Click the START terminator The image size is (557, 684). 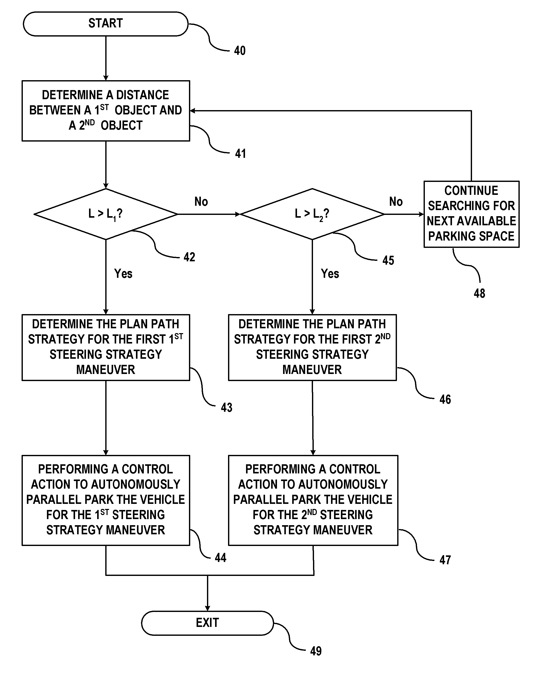tap(106, 24)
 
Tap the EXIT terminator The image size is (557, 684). tap(207, 623)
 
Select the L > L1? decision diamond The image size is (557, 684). tap(106, 214)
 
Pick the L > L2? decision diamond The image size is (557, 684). tap(312, 214)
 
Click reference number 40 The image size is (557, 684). tap(240, 51)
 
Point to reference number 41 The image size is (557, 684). tap(240, 153)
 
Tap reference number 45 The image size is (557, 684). tap(388, 260)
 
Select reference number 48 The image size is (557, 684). tap(479, 293)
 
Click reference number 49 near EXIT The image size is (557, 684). tap(316, 651)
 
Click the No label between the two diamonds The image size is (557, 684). tap(201, 202)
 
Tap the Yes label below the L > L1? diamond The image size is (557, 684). tap(123, 273)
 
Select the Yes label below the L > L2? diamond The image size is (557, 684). tap(330, 273)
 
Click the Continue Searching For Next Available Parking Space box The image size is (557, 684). tap(471, 214)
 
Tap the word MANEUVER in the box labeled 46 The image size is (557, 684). tap(312, 369)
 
